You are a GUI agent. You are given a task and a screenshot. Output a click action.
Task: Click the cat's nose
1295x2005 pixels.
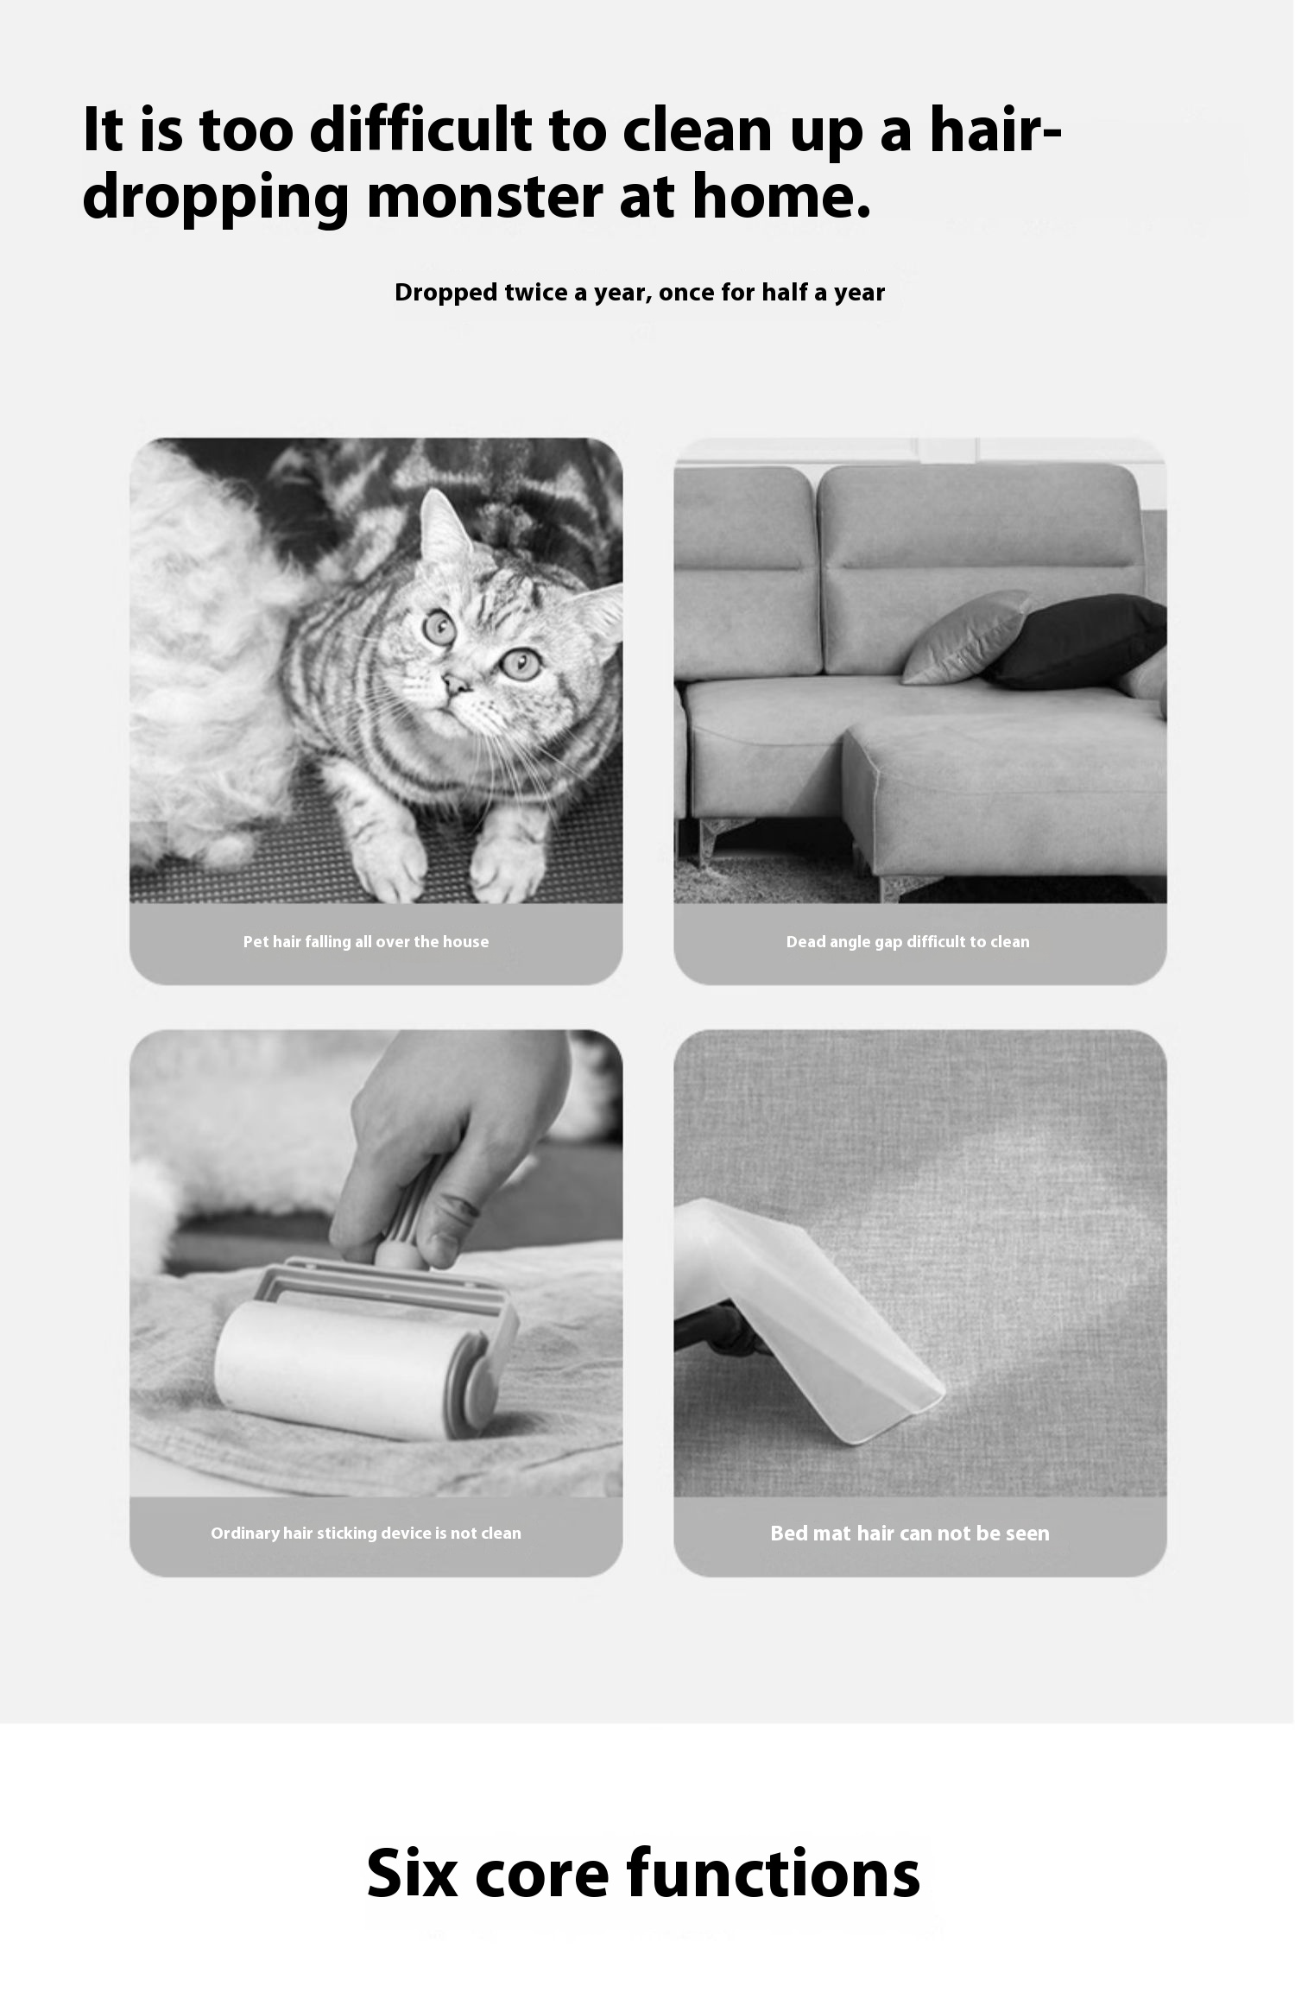455,684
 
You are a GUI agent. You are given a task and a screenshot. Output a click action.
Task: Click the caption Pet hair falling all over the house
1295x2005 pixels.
366,941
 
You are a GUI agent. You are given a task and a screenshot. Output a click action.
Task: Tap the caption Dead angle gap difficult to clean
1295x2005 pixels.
907,941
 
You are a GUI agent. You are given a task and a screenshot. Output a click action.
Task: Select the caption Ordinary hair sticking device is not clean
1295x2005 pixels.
366,1533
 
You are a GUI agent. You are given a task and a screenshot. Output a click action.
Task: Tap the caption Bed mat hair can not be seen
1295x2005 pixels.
910,1533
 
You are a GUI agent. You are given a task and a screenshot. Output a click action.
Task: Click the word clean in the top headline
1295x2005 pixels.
697,130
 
